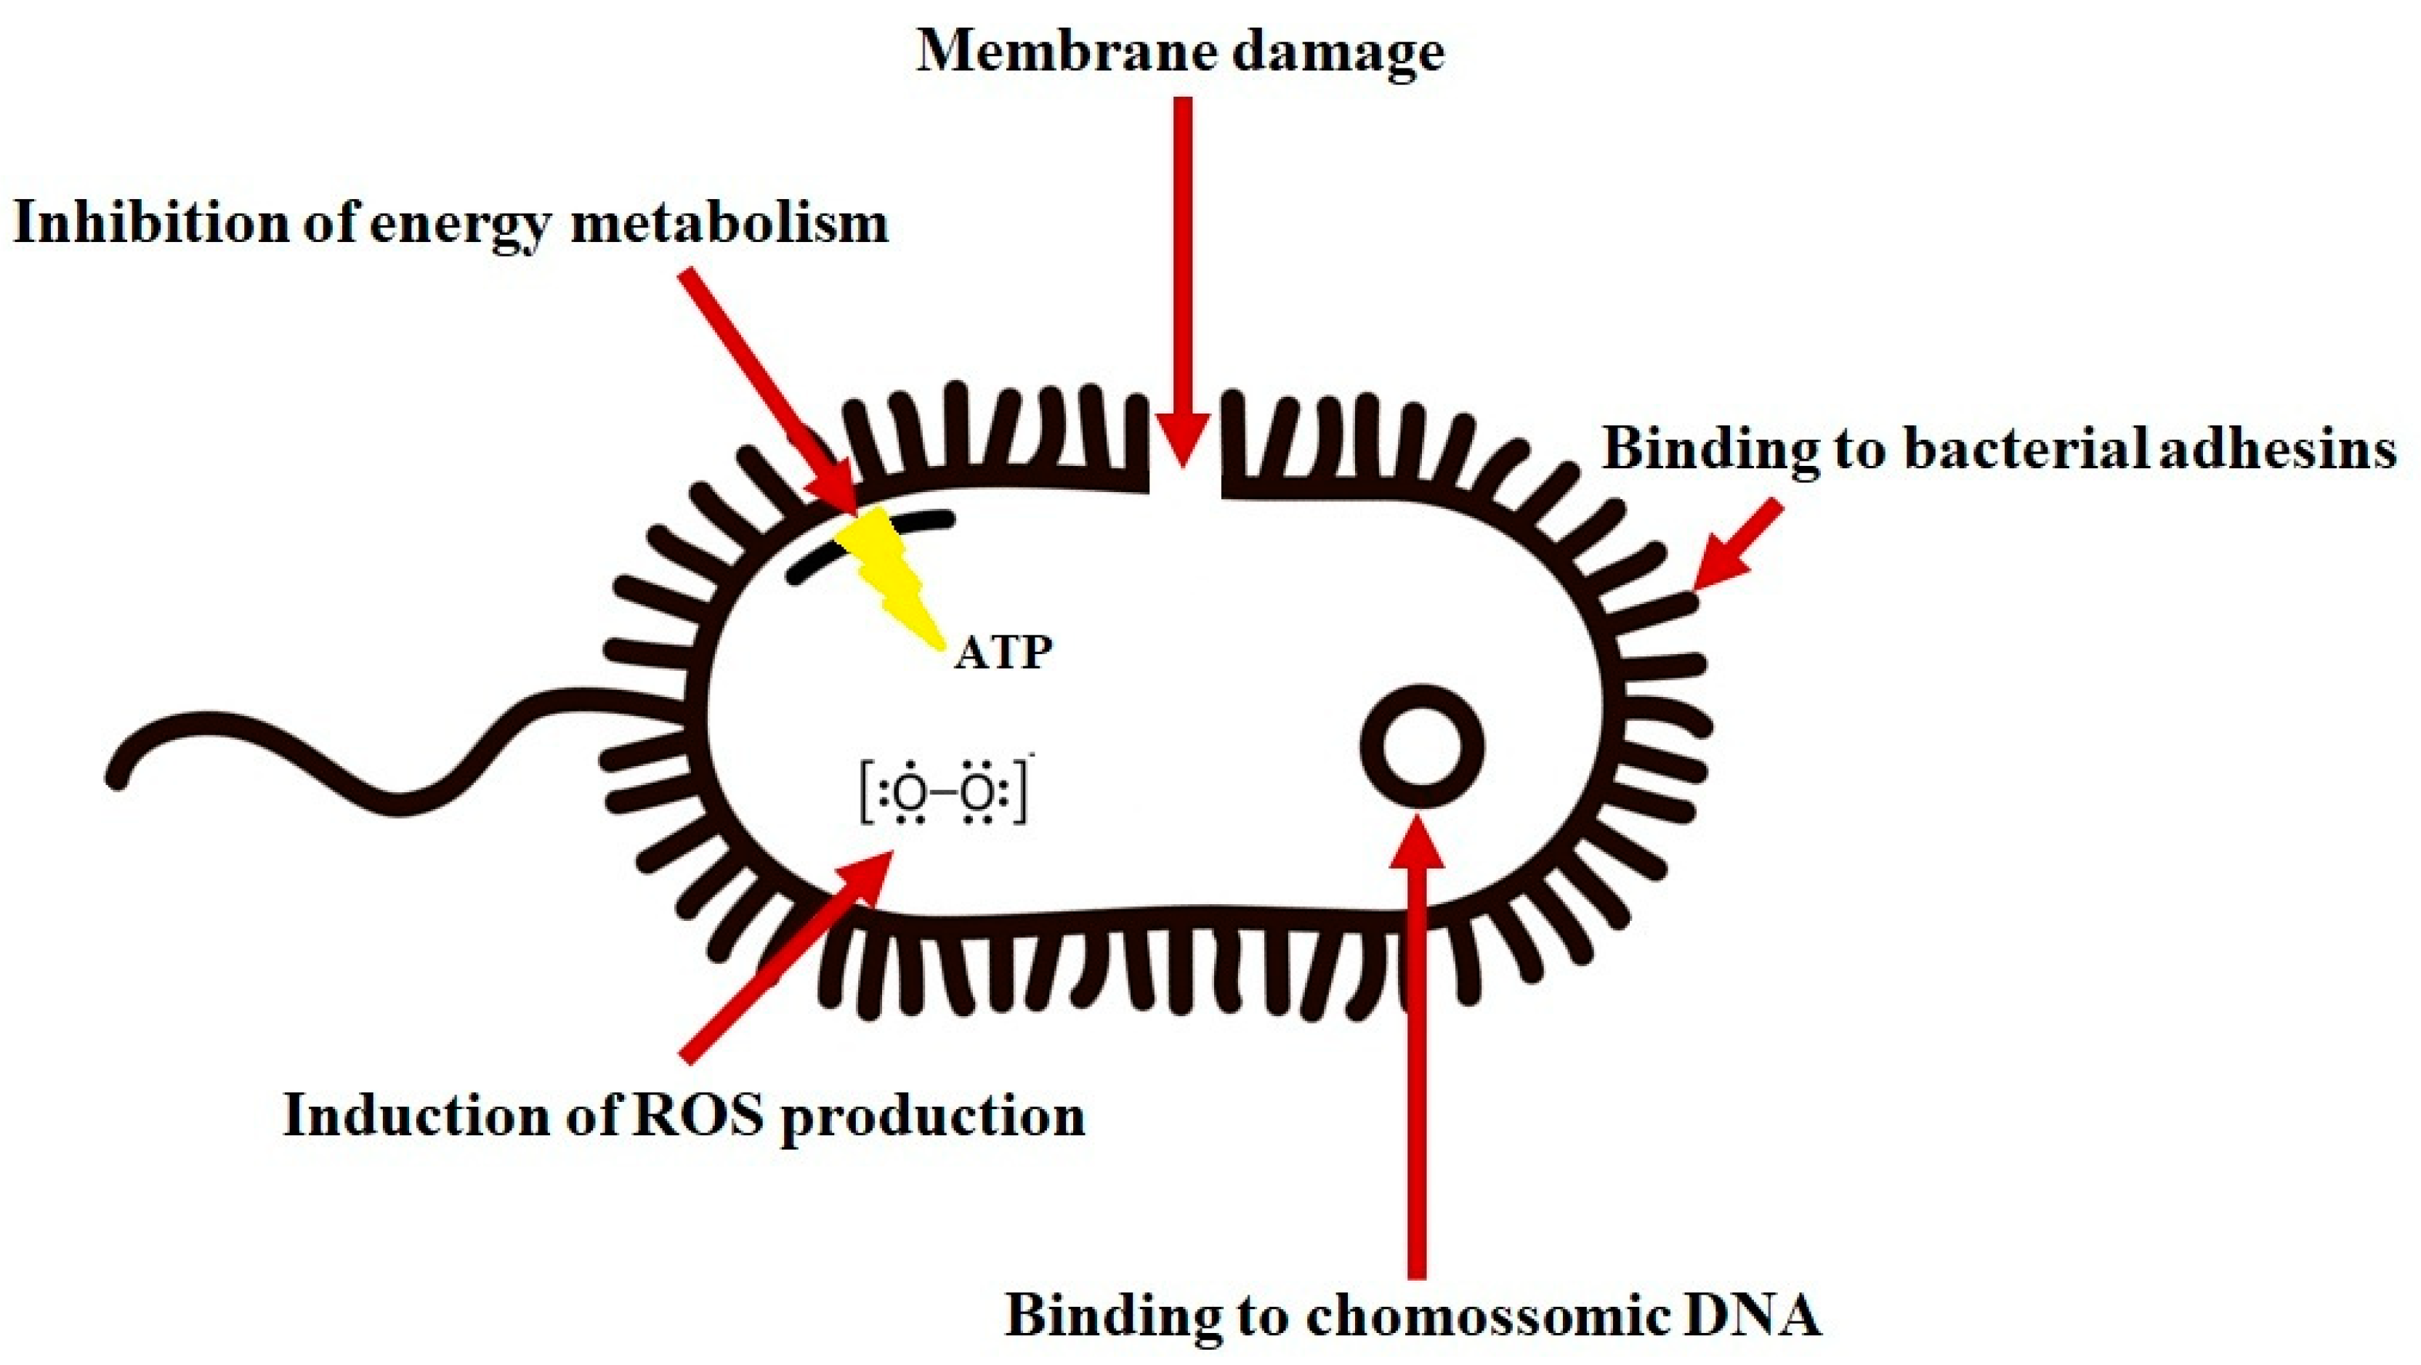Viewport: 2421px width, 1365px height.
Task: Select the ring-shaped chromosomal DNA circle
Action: coord(1423,746)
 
